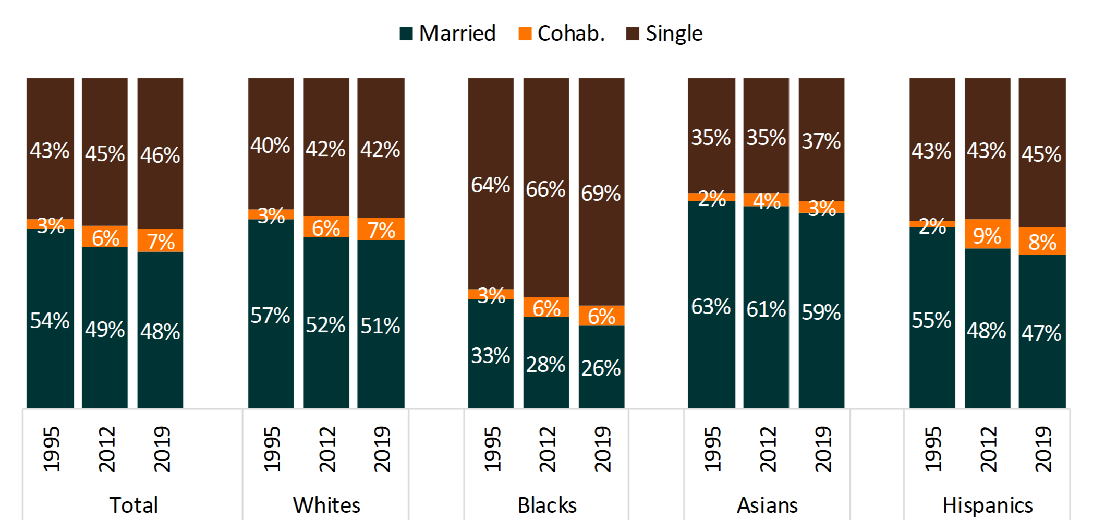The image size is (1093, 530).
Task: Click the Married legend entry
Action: point(447,33)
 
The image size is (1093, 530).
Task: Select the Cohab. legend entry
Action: point(562,33)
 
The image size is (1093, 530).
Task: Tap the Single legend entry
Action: point(664,33)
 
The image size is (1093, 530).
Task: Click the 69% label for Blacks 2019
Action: point(601,194)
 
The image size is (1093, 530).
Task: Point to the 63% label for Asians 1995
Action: point(711,307)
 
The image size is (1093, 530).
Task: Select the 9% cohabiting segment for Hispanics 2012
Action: point(987,234)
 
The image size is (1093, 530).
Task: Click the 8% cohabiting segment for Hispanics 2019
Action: point(1042,242)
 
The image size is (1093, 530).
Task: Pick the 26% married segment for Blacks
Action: point(601,367)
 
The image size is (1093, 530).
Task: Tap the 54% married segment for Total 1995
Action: point(50,320)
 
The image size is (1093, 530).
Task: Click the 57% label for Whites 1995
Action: point(270,315)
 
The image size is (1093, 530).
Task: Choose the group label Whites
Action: point(326,505)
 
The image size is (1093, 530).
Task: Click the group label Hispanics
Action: point(988,505)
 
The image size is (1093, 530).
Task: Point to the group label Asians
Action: point(767,505)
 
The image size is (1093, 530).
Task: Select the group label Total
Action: point(133,505)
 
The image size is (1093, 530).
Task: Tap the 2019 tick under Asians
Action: point(822,449)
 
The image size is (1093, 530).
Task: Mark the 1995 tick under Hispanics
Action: point(932,449)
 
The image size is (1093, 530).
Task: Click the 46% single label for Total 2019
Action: point(160,155)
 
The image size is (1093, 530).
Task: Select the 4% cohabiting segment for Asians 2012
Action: point(766,200)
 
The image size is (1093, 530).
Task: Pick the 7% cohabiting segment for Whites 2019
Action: point(381,230)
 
